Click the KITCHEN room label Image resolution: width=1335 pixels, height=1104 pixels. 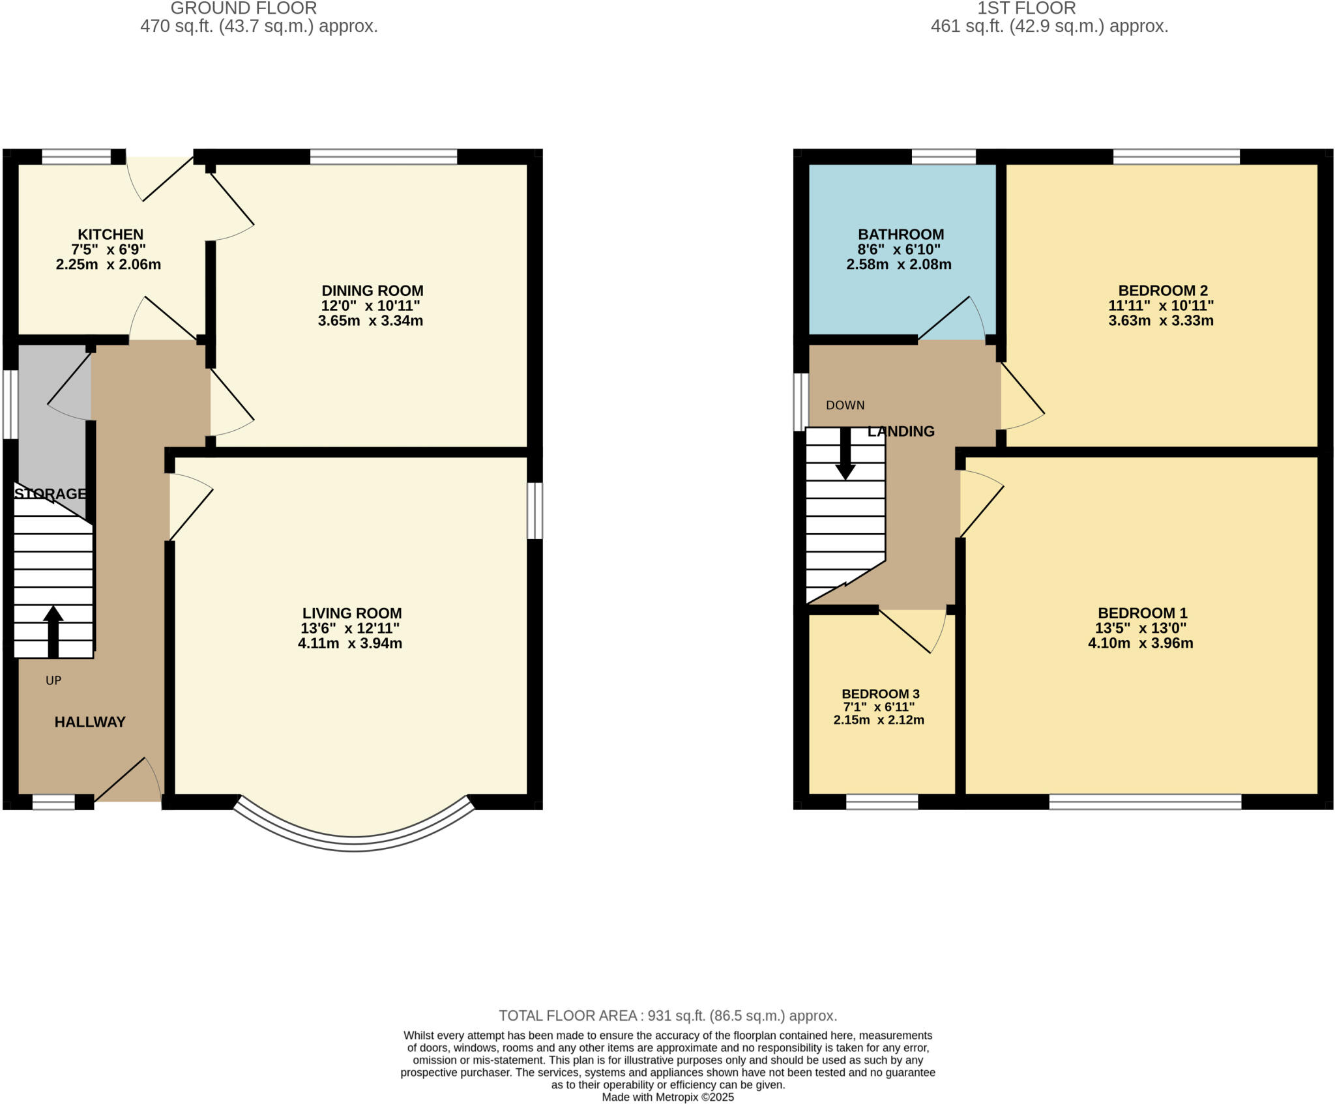[x=110, y=235]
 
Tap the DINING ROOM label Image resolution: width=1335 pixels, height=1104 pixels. [x=372, y=291]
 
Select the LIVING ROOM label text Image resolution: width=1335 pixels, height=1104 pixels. [x=352, y=613]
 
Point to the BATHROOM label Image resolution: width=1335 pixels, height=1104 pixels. [x=901, y=235]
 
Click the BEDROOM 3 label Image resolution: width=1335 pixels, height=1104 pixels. [x=880, y=694]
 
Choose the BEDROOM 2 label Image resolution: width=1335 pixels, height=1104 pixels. [x=1163, y=291]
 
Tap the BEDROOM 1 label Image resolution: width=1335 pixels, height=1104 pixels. [x=1143, y=613]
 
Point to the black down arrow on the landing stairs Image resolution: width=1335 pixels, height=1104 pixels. [x=845, y=454]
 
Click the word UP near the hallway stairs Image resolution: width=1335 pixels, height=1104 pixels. [x=53, y=680]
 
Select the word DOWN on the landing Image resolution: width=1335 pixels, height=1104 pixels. [x=845, y=405]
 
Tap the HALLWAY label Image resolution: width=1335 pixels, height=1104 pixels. [x=90, y=722]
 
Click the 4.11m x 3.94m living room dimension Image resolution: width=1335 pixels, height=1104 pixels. [x=350, y=644]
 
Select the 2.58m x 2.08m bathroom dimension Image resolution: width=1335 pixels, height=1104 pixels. [x=898, y=265]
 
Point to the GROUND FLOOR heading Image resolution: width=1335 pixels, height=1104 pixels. [x=244, y=8]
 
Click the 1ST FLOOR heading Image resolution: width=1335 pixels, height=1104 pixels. [x=1026, y=8]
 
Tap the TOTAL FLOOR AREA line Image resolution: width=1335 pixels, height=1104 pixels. [x=667, y=1015]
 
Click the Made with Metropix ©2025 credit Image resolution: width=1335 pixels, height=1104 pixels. [x=667, y=1097]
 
